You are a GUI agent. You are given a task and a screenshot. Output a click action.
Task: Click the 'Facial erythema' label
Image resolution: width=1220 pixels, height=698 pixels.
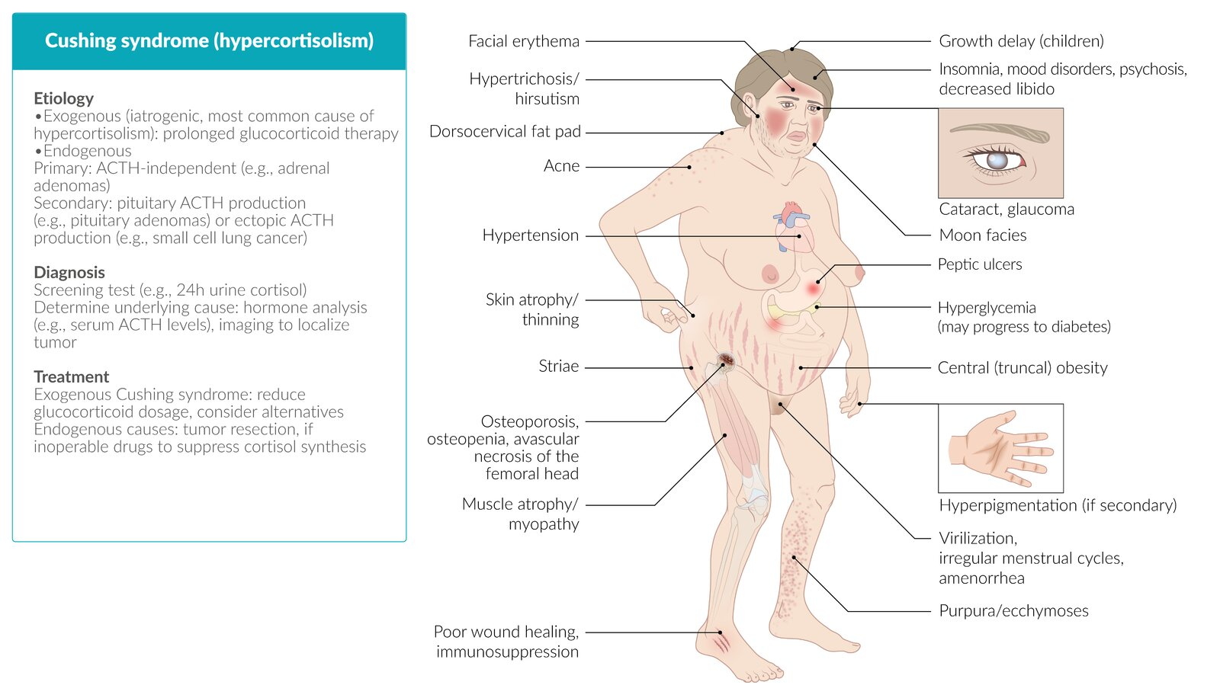pos(524,41)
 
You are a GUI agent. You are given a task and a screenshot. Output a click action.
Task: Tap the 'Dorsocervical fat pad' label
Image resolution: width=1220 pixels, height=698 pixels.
pos(505,132)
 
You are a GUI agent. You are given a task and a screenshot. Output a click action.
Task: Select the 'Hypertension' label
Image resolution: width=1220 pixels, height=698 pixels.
pos(531,235)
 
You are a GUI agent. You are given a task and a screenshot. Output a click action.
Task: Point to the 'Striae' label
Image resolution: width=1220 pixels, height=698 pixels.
pos(559,367)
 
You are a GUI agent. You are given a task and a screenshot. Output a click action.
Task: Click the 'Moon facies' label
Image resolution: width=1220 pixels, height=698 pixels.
pos(983,235)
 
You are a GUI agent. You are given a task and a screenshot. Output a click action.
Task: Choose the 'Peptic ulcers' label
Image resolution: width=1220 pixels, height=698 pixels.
pos(980,264)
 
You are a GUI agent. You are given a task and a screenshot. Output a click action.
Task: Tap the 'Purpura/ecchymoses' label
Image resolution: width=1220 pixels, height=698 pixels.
pos(1013,611)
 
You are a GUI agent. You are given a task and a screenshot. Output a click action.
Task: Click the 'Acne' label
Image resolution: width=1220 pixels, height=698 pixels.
pos(561,166)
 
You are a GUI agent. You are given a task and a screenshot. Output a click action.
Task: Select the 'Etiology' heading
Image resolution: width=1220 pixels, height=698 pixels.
pos(64,98)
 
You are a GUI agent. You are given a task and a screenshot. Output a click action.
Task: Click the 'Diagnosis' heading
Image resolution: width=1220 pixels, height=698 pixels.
pos(69,272)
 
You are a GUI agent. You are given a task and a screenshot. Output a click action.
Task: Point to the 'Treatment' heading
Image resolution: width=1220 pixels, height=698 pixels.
pos(72,376)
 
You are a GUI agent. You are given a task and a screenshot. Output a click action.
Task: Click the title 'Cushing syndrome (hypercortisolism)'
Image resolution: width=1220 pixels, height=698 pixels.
pos(209,41)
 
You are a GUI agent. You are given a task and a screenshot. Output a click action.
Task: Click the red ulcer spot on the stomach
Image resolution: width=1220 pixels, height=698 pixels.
pos(814,287)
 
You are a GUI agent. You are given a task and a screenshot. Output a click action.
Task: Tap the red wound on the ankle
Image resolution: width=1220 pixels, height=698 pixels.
pos(721,642)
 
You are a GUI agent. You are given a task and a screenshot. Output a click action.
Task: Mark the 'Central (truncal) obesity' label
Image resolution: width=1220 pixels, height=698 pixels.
pos(1023,368)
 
